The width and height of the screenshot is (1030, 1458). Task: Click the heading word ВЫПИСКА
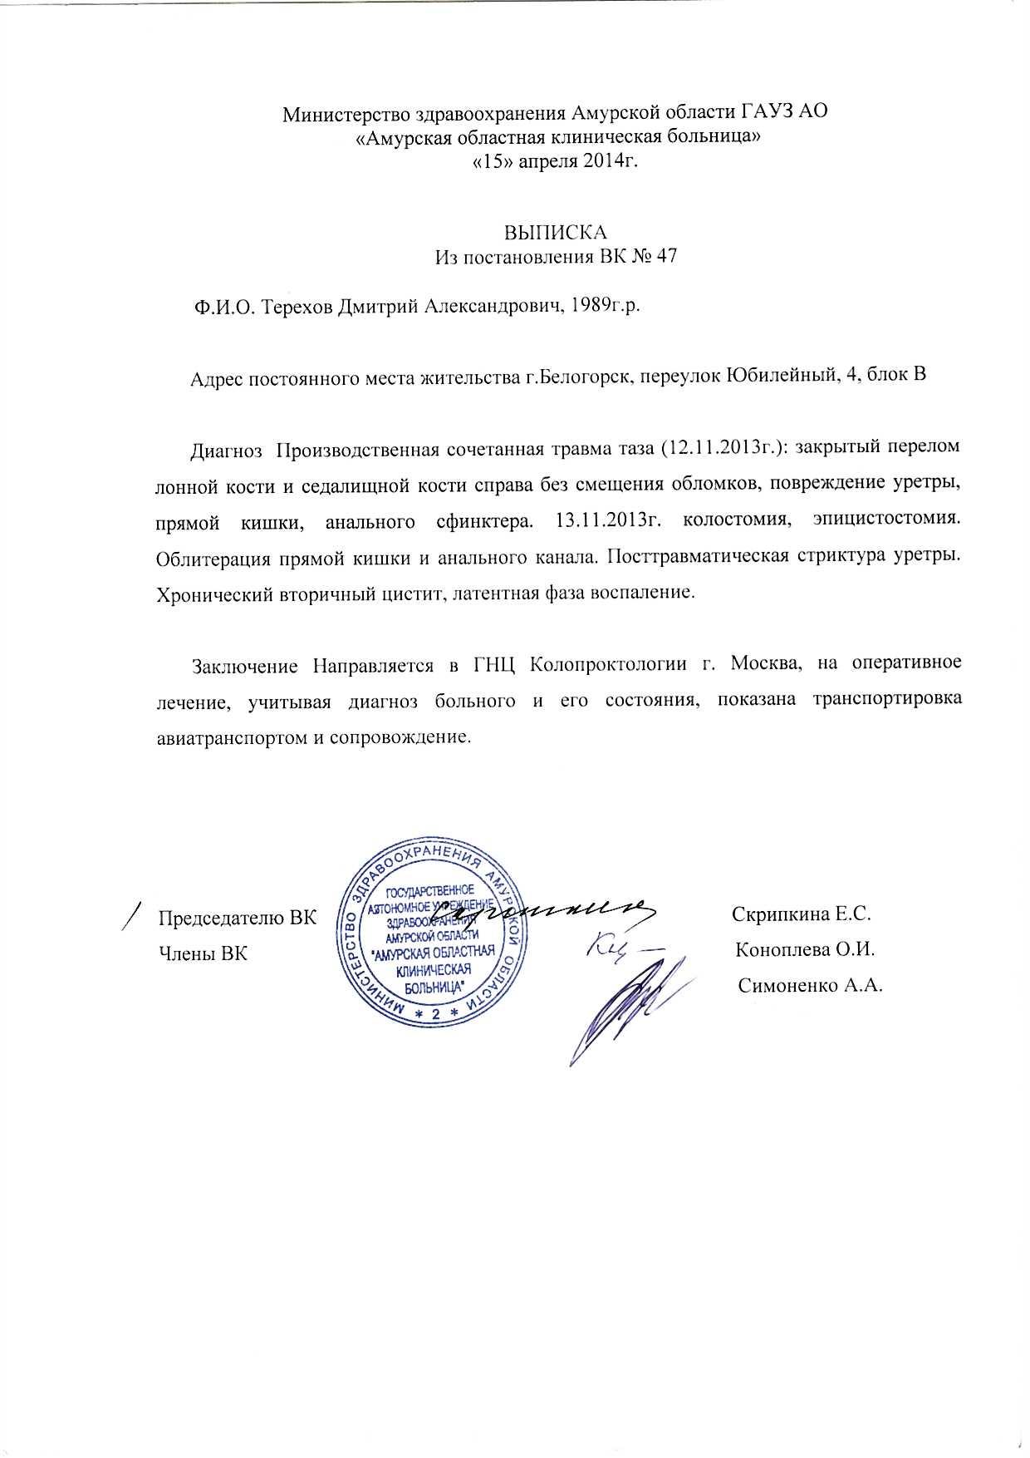click(x=557, y=232)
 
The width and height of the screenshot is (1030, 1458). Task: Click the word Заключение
click(x=244, y=665)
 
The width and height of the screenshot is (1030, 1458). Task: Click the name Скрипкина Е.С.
click(x=801, y=915)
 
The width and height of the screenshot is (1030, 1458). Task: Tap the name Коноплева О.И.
click(x=805, y=950)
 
